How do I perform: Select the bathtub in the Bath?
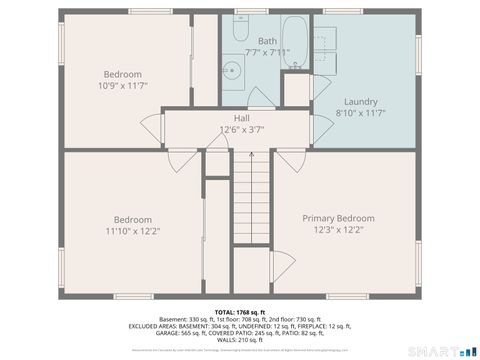point(296,42)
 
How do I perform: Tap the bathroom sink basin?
point(232,70)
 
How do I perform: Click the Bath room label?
point(267,41)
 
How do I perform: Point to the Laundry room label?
point(360,102)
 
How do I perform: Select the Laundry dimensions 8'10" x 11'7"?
point(360,114)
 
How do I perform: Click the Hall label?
point(241,118)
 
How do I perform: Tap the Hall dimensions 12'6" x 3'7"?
point(241,130)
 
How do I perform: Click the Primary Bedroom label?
point(338,218)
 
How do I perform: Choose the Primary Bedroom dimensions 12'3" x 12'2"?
point(338,230)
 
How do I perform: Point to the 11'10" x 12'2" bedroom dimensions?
point(132,231)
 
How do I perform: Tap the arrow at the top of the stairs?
point(252,156)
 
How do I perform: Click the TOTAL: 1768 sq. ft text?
point(240,312)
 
